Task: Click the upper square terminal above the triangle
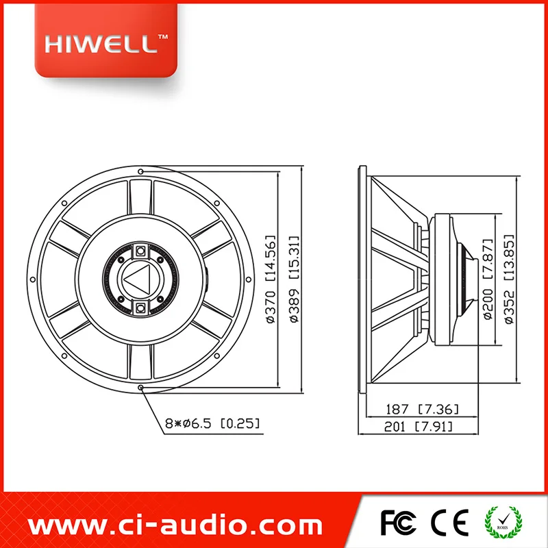141,250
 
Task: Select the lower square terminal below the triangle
141,308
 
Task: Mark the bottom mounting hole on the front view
141,388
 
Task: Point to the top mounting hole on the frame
141,171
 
